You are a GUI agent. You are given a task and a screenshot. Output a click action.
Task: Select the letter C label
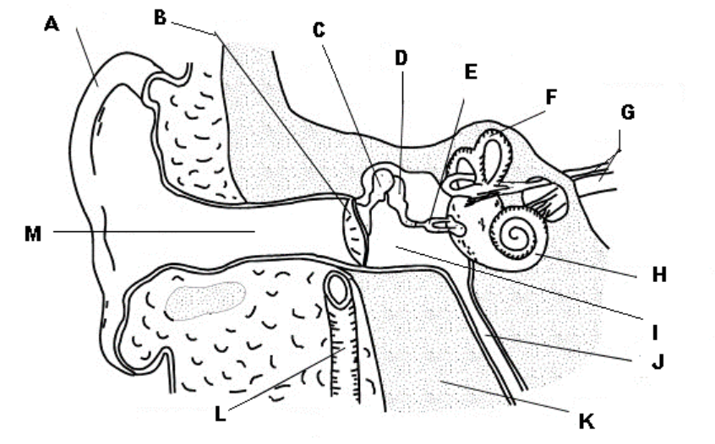pos(319,31)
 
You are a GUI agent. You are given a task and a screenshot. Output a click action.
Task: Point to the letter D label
pos(401,57)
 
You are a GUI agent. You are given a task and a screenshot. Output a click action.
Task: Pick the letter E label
pos(470,72)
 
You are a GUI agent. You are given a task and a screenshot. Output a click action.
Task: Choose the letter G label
pos(626,111)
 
